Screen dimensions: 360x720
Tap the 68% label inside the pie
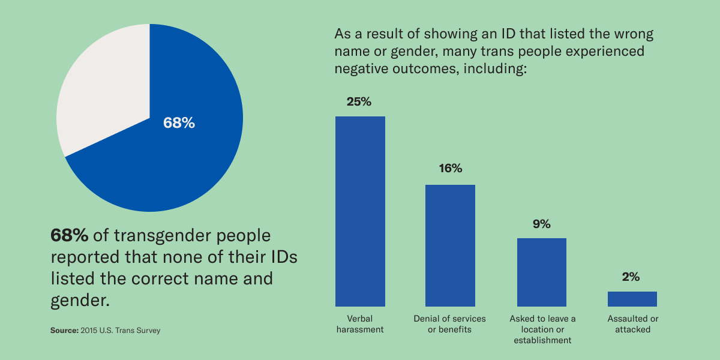[x=179, y=123]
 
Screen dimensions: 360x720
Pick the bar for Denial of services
[x=450, y=245]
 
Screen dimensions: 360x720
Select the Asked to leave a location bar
[x=542, y=272]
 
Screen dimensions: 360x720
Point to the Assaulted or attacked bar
[x=632, y=299]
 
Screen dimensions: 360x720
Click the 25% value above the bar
[x=359, y=101]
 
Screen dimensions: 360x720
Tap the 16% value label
[x=450, y=169]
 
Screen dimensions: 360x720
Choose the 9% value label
[x=541, y=224]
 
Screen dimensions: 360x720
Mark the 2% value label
[x=632, y=277]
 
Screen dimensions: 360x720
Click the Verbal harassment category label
[x=360, y=324]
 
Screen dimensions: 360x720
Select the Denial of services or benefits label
[x=450, y=324]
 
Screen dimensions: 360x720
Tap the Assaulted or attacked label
[x=632, y=324]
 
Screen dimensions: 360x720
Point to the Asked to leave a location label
[x=542, y=329]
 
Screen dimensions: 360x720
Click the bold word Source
[x=64, y=331]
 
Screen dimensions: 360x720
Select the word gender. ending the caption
[x=80, y=299]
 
